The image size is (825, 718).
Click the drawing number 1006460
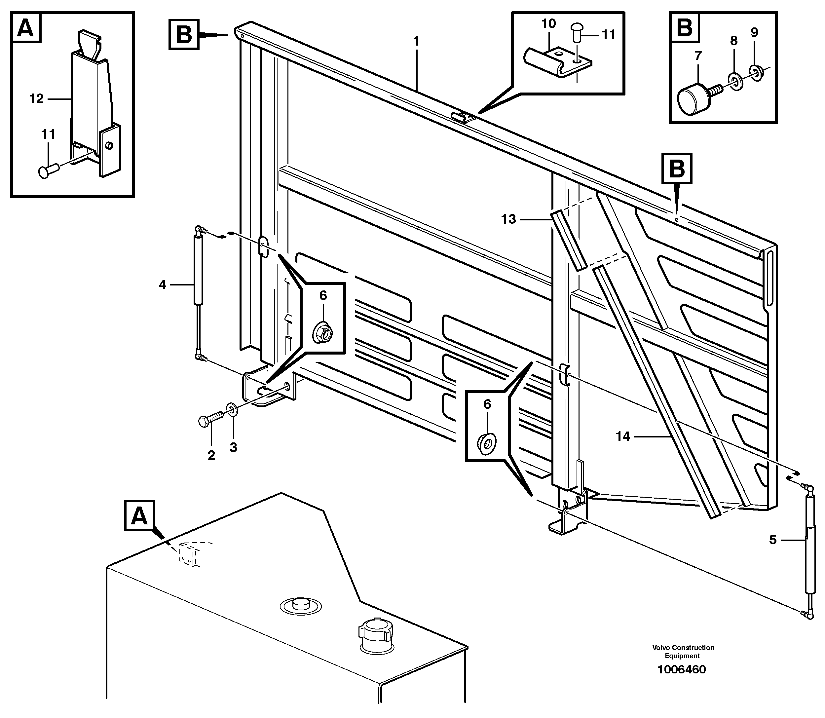682,669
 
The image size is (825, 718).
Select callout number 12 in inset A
36,98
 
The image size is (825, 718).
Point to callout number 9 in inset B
754,32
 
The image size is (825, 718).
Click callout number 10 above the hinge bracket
548,24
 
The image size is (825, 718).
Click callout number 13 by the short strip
508,219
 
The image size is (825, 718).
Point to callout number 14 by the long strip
623,436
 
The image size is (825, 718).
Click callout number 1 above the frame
416,41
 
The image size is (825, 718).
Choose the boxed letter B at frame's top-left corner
184,34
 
